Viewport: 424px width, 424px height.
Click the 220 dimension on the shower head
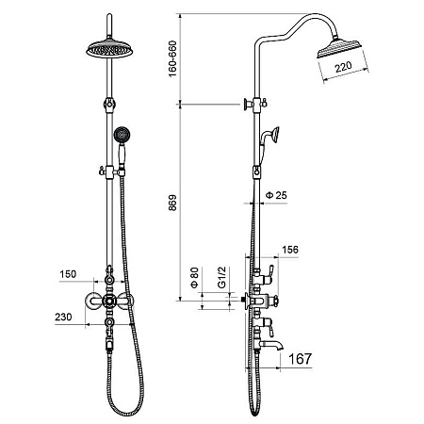coord(343,67)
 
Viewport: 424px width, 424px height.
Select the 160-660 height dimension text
coord(172,58)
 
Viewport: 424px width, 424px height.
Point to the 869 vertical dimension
coord(172,203)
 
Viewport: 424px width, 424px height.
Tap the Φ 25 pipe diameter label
coord(276,195)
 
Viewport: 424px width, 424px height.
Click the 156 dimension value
coord(290,250)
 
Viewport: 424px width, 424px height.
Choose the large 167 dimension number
coord(300,358)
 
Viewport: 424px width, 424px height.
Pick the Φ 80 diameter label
coord(195,277)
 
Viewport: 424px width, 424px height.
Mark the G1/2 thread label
coord(221,277)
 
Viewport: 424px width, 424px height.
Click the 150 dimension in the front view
coord(68,274)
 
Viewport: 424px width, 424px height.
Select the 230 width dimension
coord(63,317)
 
